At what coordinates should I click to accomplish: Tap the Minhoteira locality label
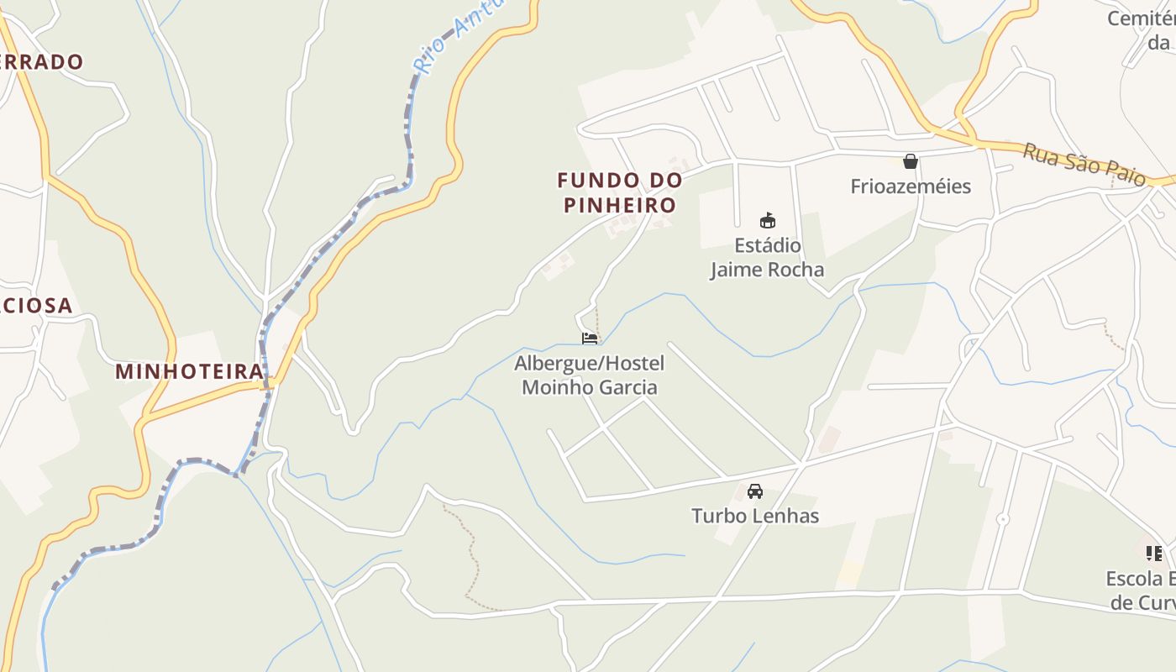[x=189, y=371]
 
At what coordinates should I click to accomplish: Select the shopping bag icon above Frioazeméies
[x=910, y=161]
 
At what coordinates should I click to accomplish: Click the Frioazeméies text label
[x=911, y=186]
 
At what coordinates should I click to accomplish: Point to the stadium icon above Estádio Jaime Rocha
[x=767, y=221]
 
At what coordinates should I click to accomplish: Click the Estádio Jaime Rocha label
[x=767, y=258]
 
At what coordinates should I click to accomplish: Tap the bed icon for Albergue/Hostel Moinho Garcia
[x=590, y=339]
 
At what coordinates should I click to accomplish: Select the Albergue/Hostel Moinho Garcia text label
[x=589, y=375]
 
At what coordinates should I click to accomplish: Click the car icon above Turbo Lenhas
[x=754, y=491]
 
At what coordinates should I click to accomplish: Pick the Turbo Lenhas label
[x=755, y=516]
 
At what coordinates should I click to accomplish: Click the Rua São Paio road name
[x=1084, y=165]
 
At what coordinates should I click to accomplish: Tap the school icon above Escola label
[x=1155, y=553]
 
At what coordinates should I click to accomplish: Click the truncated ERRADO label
[x=42, y=61]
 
